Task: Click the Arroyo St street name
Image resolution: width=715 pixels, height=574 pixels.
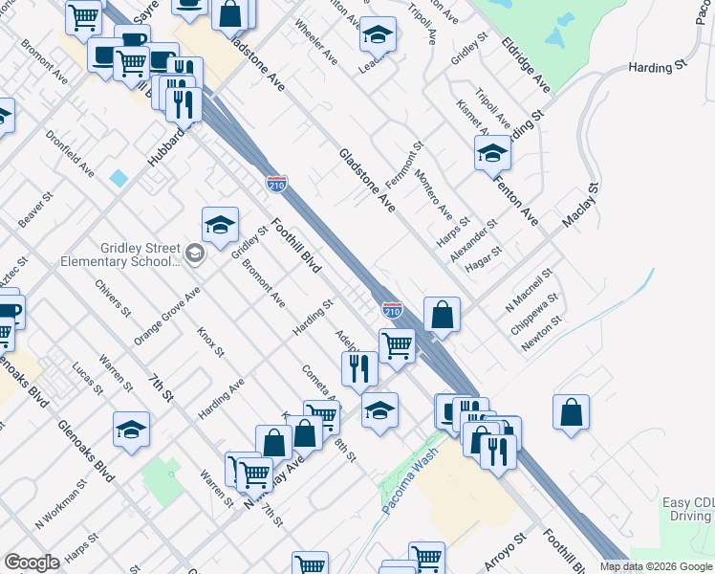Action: [505, 552]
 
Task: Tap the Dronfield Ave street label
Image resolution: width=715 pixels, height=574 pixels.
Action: [70, 153]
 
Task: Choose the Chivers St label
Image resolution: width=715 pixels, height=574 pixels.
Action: [113, 297]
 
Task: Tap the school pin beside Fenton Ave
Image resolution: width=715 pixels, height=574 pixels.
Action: [492, 152]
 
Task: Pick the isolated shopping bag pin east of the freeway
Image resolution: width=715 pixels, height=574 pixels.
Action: [571, 412]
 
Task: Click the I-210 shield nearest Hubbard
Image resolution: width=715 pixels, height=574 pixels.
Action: [276, 182]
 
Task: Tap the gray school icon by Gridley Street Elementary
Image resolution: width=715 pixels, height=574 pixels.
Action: [195, 254]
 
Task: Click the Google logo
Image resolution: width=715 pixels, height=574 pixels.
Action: [32, 563]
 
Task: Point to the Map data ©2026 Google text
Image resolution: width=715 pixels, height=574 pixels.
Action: [656, 566]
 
